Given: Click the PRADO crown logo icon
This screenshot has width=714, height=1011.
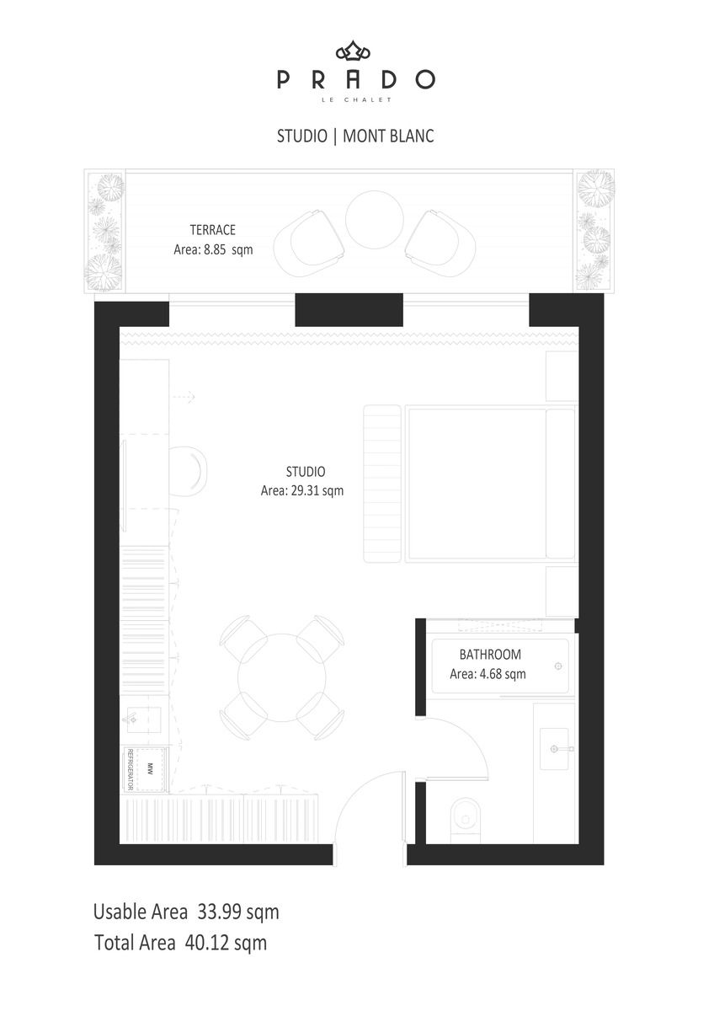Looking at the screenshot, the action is [x=353, y=51].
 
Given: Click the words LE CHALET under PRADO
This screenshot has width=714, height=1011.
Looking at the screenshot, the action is [x=356, y=99].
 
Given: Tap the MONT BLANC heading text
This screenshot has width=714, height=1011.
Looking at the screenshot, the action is [x=388, y=136].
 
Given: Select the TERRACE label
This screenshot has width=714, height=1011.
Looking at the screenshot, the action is [x=212, y=230].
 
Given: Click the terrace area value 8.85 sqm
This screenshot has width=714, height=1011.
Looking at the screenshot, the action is [x=228, y=249].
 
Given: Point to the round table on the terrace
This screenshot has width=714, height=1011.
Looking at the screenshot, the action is [x=375, y=219].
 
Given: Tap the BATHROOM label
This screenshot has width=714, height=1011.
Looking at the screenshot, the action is [x=490, y=655].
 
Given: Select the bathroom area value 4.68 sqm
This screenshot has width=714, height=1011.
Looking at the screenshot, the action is [x=503, y=674].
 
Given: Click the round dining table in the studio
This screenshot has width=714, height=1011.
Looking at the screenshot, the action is [x=281, y=677].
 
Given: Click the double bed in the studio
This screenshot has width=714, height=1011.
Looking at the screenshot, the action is [x=492, y=484].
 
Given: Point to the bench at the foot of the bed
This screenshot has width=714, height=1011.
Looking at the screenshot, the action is [x=382, y=484].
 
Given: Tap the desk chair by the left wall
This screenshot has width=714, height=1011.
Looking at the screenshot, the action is [x=188, y=471].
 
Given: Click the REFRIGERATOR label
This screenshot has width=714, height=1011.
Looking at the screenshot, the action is [x=130, y=769].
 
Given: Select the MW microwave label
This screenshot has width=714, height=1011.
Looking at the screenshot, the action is [x=150, y=768].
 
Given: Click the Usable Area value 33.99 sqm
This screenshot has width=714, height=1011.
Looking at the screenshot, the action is [x=238, y=912].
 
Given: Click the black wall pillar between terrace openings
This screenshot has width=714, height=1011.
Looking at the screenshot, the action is [x=349, y=310].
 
